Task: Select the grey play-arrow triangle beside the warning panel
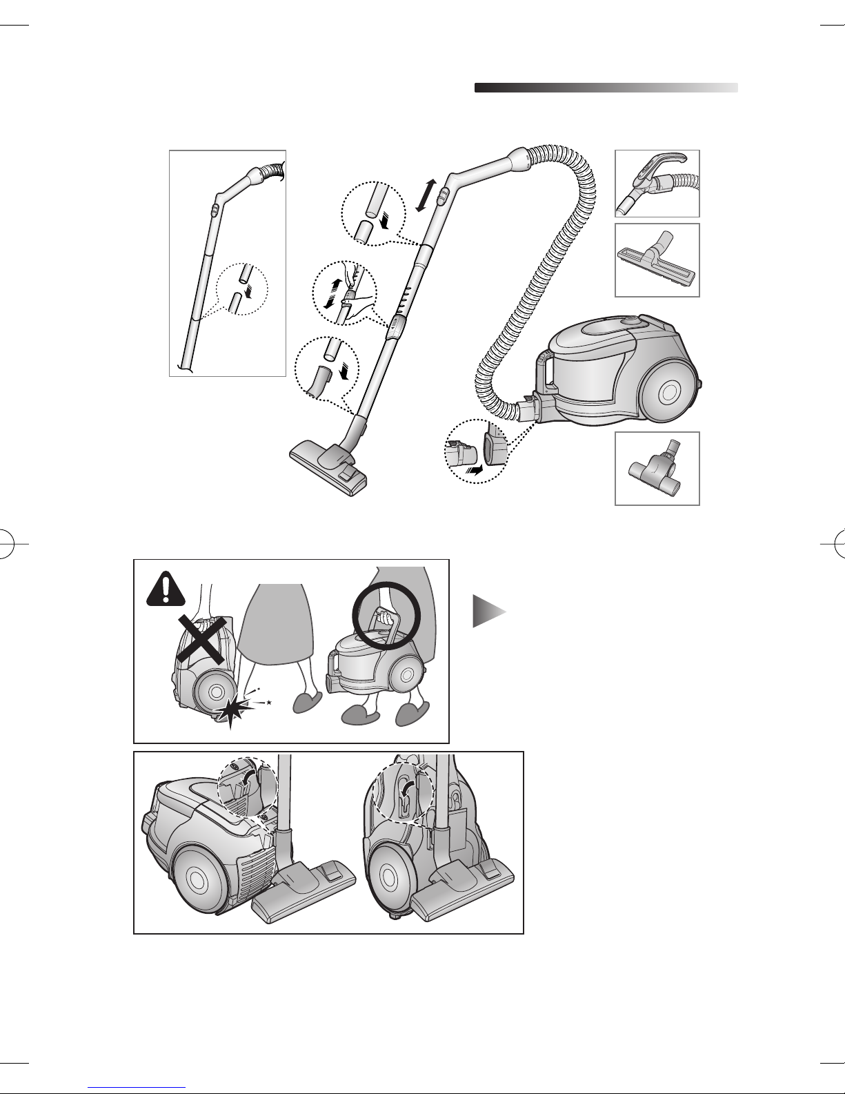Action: [487, 611]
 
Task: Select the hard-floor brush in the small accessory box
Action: [657, 261]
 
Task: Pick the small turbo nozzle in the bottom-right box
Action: [656, 470]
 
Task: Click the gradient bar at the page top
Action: [606, 88]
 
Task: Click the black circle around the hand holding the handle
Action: [384, 614]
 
